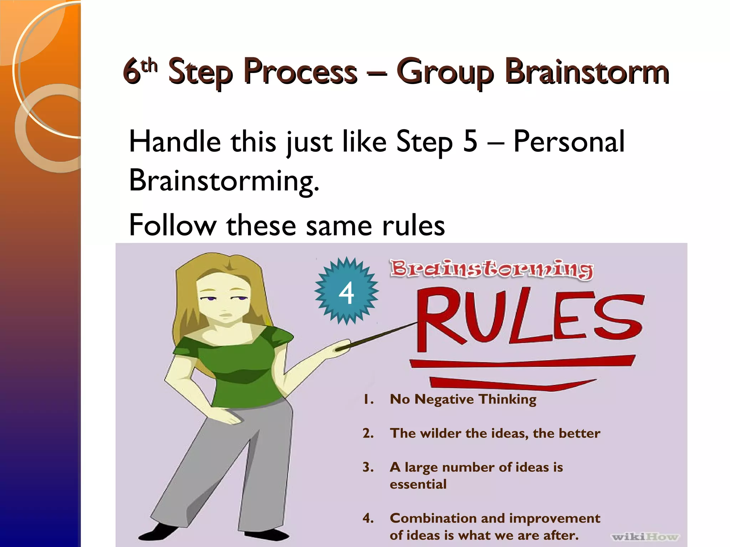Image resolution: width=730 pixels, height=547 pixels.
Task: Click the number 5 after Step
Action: pyautogui.click(x=470, y=141)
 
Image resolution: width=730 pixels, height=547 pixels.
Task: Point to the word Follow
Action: pyautogui.click(x=173, y=225)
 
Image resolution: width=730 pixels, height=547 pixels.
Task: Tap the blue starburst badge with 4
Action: pyautogui.click(x=346, y=291)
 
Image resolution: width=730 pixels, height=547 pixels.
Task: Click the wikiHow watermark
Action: pyautogui.click(x=645, y=536)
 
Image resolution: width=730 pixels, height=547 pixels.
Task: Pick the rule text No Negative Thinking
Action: pyautogui.click(x=463, y=399)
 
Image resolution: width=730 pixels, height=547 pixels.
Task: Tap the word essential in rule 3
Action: pyautogui.click(x=418, y=484)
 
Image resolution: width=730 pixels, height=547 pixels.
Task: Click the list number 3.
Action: pyautogui.click(x=368, y=467)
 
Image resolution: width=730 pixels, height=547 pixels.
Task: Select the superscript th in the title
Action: pyautogui.click(x=149, y=66)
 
